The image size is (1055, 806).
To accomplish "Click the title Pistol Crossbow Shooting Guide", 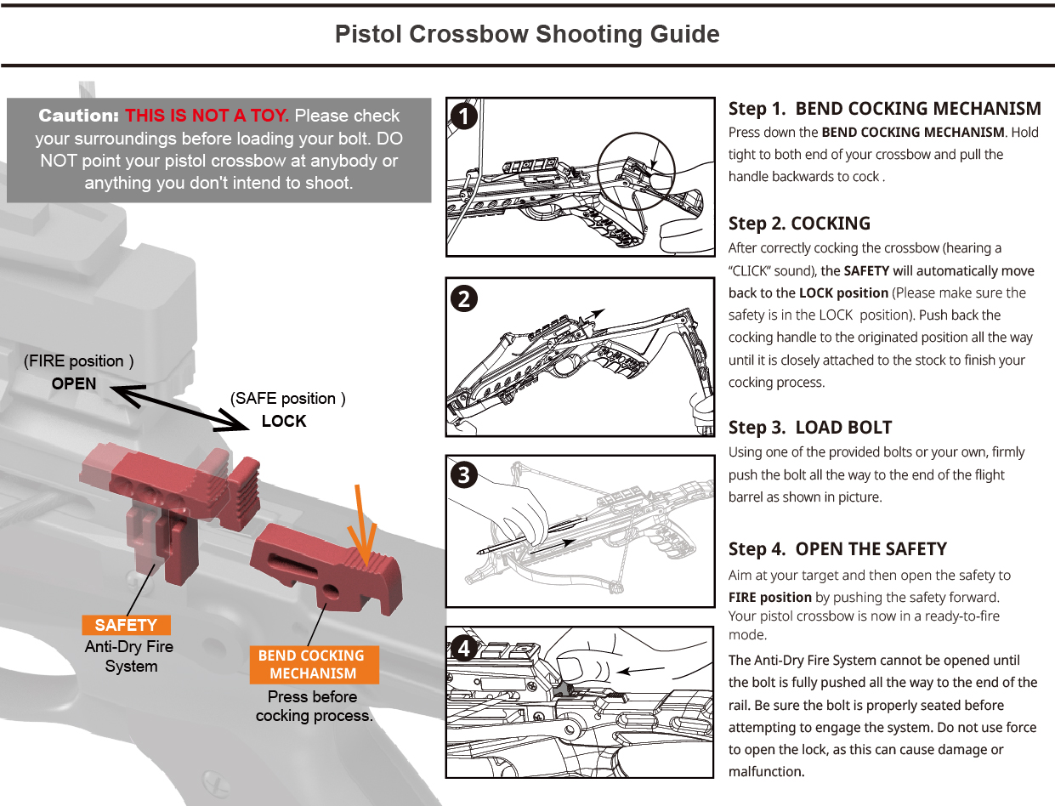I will (x=527, y=35).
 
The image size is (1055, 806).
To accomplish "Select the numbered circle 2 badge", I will (x=463, y=298).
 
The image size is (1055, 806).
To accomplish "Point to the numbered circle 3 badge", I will (x=463, y=474).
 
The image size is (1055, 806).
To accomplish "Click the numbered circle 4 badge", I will (x=463, y=649).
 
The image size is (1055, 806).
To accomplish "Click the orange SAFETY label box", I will (x=126, y=625).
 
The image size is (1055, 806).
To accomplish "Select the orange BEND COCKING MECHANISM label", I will (x=313, y=665).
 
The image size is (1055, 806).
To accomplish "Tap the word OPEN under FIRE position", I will (x=74, y=383).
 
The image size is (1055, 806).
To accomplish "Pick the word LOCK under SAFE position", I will (x=284, y=421).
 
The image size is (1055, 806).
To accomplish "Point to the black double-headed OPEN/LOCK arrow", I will (x=179, y=406).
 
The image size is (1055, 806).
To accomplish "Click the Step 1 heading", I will (x=884, y=109).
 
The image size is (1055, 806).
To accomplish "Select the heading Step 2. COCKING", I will (x=799, y=224).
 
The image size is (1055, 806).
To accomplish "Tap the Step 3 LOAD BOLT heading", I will (x=810, y=428).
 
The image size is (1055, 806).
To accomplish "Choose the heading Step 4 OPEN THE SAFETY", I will (x=837, y=549).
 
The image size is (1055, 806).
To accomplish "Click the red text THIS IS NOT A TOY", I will (x=207, y=116).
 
